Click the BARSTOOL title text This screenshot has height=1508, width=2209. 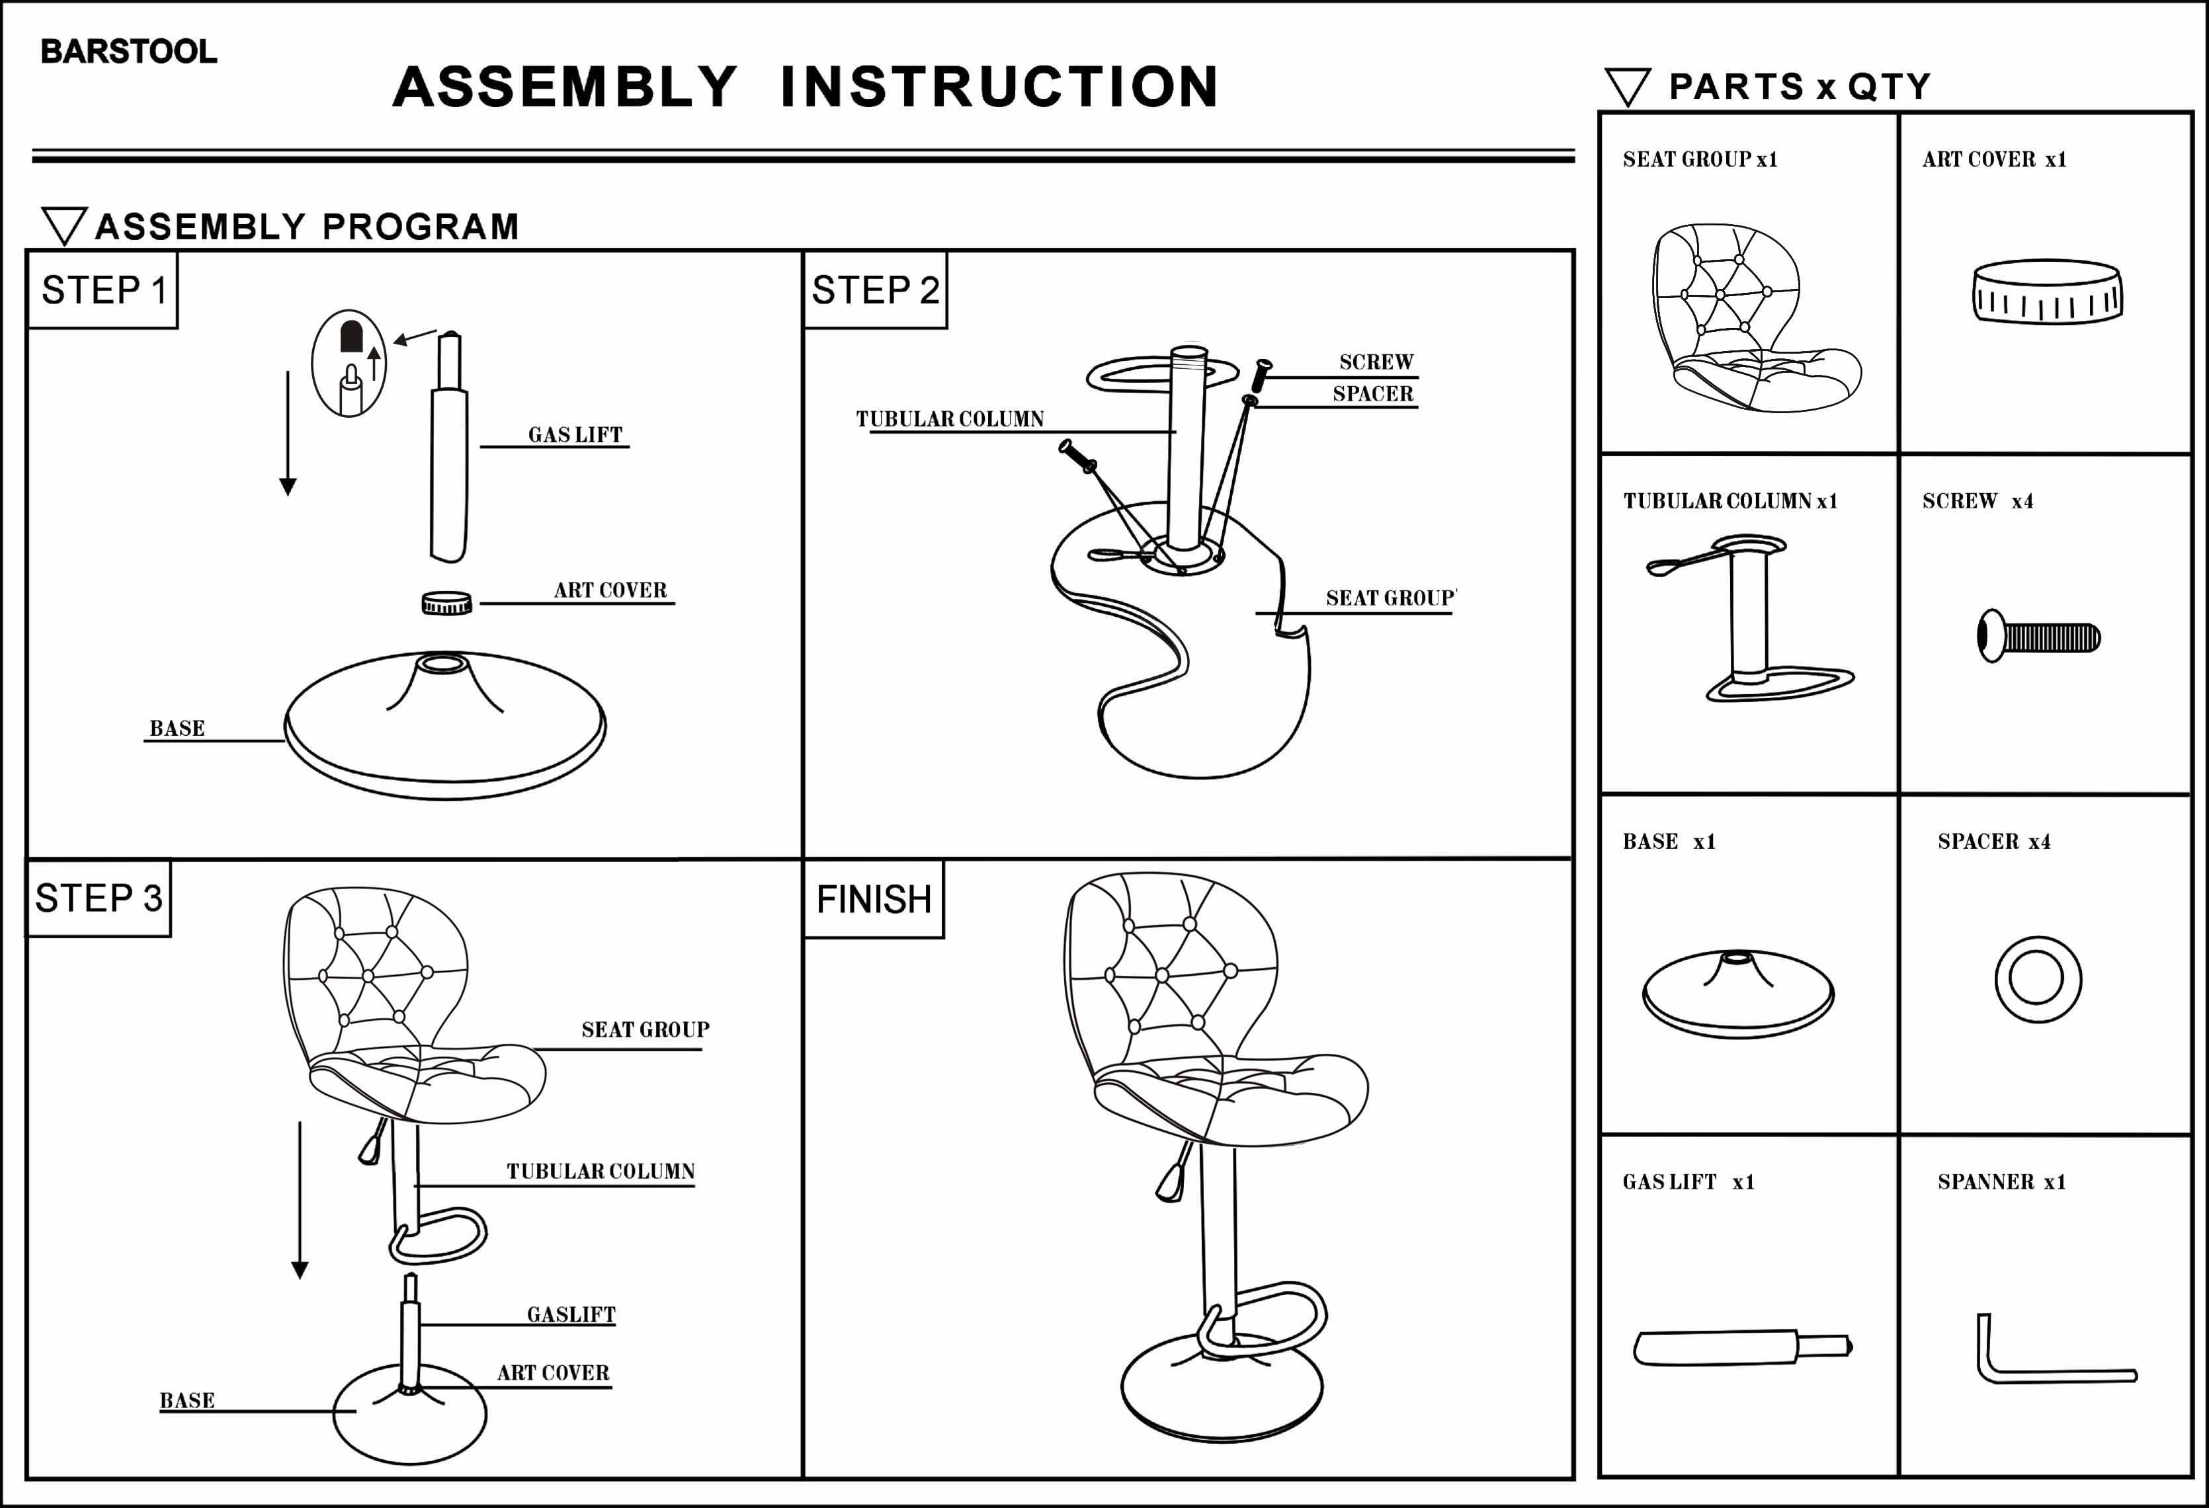(x=128, y=52)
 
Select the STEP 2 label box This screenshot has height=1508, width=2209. (x=874, y=290)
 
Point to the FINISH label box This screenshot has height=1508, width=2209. (x=874, y=899)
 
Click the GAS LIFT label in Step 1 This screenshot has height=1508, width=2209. (x=575, y=435)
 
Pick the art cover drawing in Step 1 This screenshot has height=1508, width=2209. (x=446, y=604)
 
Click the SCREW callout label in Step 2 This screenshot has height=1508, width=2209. (x=1376, y=362)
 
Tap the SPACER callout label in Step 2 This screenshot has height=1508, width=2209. (x=1372, y=393)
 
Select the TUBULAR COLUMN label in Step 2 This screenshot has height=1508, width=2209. (x=950, y=419)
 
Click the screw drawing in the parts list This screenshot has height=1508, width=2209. (x=2038, y=637)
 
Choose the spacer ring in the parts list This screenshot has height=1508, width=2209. (x=2038, y=978)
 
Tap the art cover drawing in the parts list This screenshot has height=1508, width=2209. (x=2046, y=292)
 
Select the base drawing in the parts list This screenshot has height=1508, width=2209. (x=1737, y=994)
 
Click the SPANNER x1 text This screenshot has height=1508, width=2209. (x=2001, y=1182)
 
